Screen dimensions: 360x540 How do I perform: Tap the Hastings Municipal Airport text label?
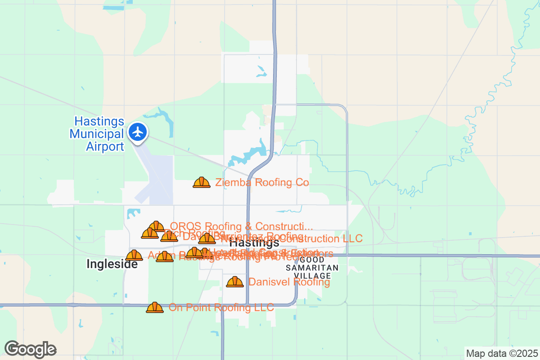[99, 134]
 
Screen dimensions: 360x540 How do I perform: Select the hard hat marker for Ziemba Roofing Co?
[202, 182]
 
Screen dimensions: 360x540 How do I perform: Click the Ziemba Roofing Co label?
[262, 183]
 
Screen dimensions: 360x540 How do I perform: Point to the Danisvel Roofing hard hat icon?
[235, 282]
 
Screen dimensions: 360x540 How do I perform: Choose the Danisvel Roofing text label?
[289, 282]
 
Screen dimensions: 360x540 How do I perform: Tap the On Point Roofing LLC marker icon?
[155, 308]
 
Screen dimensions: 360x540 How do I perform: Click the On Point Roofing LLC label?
[221, 308]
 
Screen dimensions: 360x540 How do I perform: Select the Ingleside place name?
[112, 265]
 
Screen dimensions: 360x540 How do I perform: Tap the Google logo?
[31, 349]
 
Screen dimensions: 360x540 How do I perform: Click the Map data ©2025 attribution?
[502, 353]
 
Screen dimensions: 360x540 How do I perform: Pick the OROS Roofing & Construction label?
[241, 226]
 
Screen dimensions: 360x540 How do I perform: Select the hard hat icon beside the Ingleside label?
[134, 256]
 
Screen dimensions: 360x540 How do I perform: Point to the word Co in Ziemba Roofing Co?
[302, 183]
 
